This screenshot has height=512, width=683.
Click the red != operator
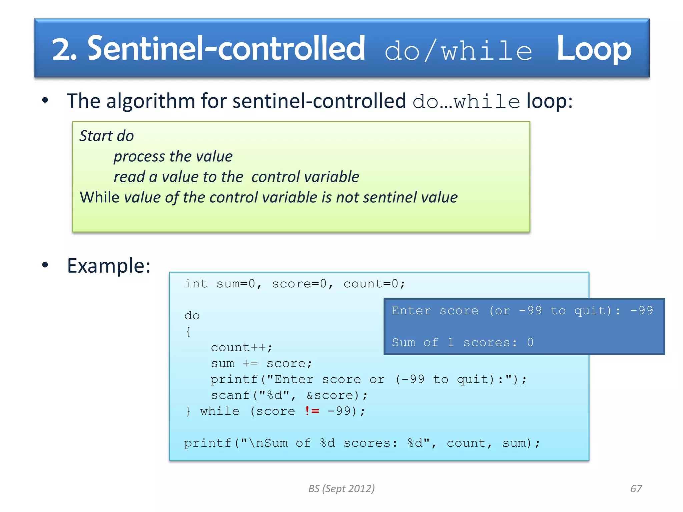click(312, 411)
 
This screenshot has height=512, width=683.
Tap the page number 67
click(636, 488)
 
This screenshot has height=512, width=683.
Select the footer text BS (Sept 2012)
click(341, 488)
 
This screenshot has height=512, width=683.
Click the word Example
click(108, 266)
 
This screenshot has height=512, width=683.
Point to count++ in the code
click(241, 347)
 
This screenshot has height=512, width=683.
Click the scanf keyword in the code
click(230, 395)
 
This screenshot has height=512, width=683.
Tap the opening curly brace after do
click(188, 332)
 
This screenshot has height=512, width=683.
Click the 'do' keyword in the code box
click(192, 316)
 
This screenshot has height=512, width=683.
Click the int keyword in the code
click(196, 284)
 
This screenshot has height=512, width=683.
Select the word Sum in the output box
click(404, 342)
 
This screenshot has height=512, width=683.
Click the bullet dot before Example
click(45, 265)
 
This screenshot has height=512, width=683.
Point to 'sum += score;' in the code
click(261, 363)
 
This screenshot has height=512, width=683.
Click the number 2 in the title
click(61, 49)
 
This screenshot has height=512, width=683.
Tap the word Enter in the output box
click(411, 310)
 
